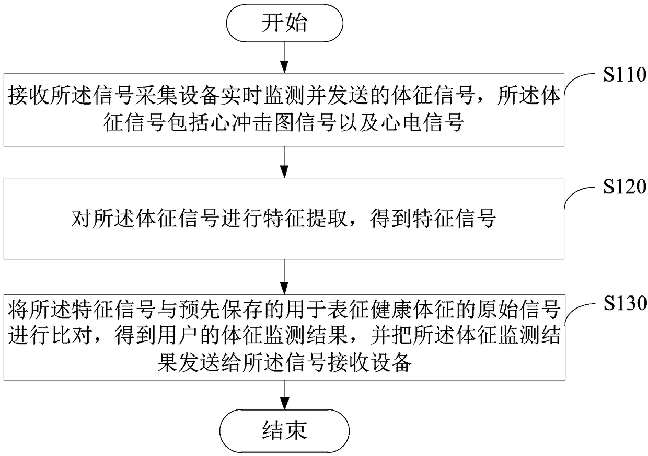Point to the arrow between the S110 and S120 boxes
[x=284, y=162]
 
